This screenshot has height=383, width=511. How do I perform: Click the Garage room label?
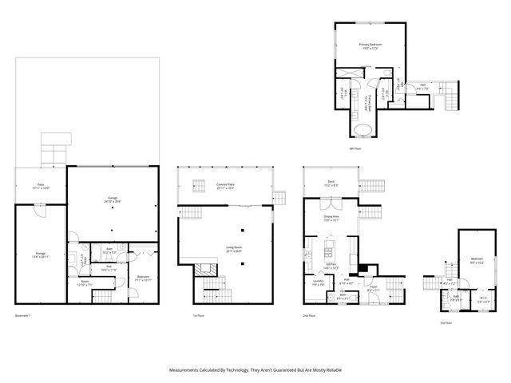click(x=112, y=198)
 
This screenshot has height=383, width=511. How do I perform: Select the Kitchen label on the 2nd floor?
click(x=330, y=265)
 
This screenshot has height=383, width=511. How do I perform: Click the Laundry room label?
click(x=317, y=281)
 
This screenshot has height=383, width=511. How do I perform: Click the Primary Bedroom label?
click(x=370, y=45)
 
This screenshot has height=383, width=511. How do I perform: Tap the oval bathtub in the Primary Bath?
click(x=363, y=128)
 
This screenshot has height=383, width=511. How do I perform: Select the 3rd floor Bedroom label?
click(x=477, y=259)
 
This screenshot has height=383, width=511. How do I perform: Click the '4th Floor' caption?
click(x=356, y=148)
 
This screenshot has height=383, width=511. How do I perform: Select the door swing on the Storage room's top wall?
click(x=40, y=211)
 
